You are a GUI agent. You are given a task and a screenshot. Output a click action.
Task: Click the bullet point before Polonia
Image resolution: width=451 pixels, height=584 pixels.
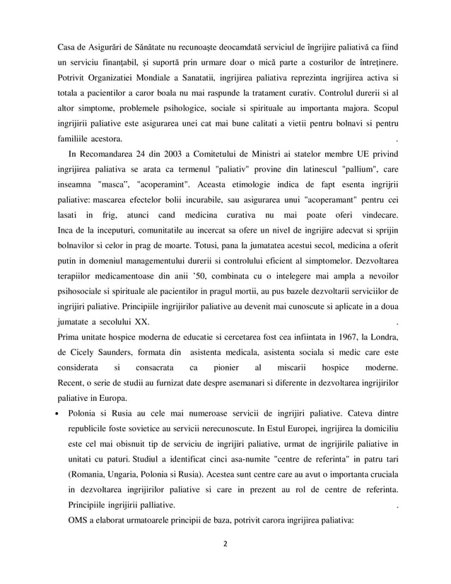coord(61,411)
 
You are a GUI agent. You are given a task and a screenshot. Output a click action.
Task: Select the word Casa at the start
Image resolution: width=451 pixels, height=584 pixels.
coord(69,47)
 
